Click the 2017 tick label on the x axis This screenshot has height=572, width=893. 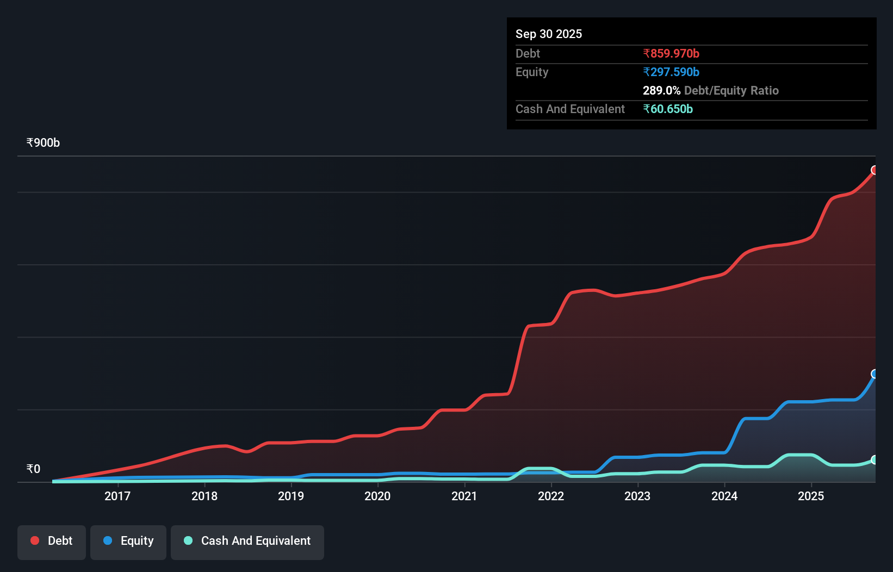coord(117,496)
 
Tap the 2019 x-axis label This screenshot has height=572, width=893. coord(291,496)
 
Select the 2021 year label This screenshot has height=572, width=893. coord(464,496)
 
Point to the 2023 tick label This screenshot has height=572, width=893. coord(637,496)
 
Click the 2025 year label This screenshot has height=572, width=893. coord(811,496)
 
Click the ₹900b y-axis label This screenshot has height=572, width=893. coord(43,142)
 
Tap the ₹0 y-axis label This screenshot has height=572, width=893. coord(33,469)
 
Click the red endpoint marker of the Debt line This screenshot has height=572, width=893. coord(875,170)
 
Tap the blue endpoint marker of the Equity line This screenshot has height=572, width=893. coord(875,374)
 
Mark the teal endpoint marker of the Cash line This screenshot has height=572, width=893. coord(875,460)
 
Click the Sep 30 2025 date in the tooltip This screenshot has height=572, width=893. coord(549,34)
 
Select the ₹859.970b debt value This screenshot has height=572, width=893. coord(671,53)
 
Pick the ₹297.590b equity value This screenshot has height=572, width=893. coord(671,72)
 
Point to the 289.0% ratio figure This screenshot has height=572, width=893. coord(661,90)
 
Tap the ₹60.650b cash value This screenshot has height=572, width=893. coord(668,109)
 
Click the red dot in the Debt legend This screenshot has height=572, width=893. coord(35,540)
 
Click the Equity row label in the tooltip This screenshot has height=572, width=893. coord(532,72)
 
